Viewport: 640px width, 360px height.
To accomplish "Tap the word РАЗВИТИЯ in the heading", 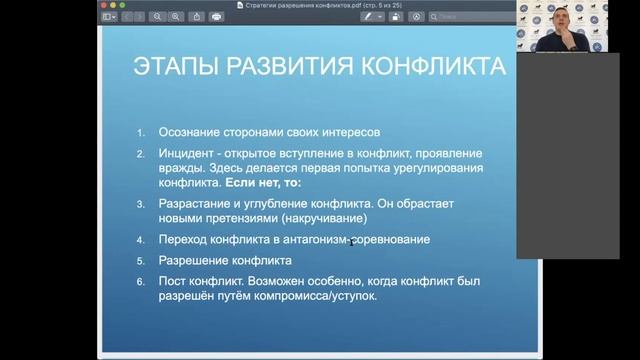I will (297, 69).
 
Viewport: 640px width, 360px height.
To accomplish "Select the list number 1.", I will (141, 132).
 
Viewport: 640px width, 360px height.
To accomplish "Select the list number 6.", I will (141, 283).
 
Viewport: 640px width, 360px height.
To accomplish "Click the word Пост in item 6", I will (172, 283).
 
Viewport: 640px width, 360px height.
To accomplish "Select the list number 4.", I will (141, 240).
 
